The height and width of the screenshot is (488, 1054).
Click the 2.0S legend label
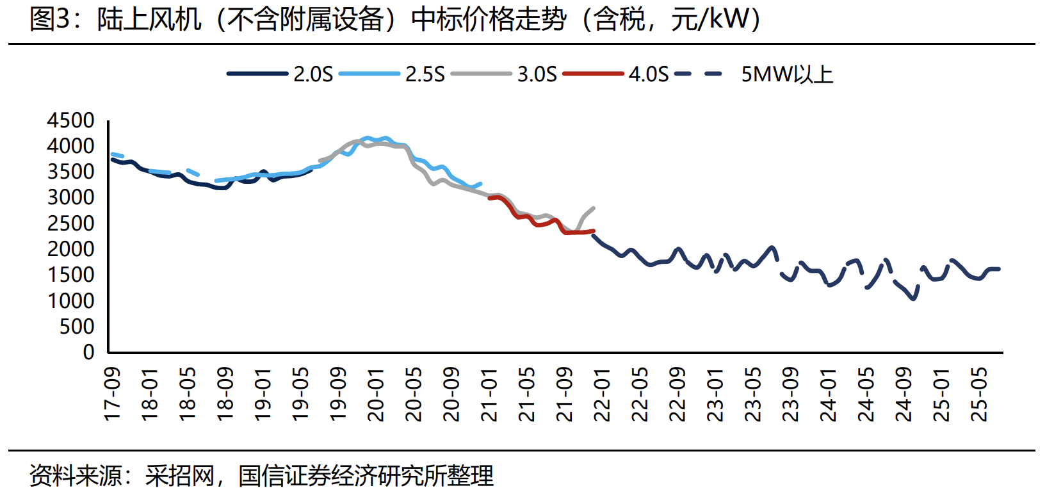coord(313,74)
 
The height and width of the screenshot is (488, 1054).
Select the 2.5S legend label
coord(425,74)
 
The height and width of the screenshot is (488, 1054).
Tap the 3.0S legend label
coord(537,74)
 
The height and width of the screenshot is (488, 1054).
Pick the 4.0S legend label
coord(648,74)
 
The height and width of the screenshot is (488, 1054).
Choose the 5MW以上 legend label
coord(787,74)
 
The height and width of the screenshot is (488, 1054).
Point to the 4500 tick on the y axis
coord(70,120)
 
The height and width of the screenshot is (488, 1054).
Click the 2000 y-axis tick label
coord(70,249)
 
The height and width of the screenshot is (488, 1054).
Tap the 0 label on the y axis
coord(88,352)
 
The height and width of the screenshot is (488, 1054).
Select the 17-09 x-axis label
coord(112,394)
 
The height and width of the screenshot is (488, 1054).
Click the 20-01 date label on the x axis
coord(376,394)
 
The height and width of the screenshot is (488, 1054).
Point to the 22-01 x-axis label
coord(603,394)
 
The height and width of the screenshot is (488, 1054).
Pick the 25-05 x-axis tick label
coord(980,394)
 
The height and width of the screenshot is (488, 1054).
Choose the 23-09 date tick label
coord(791,394)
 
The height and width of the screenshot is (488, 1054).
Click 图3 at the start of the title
coord(49,19)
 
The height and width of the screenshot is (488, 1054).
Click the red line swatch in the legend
coord(593,74)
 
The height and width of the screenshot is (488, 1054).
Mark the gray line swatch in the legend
coord(481,74)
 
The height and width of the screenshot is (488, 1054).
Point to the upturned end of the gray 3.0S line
coord(594,208)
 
